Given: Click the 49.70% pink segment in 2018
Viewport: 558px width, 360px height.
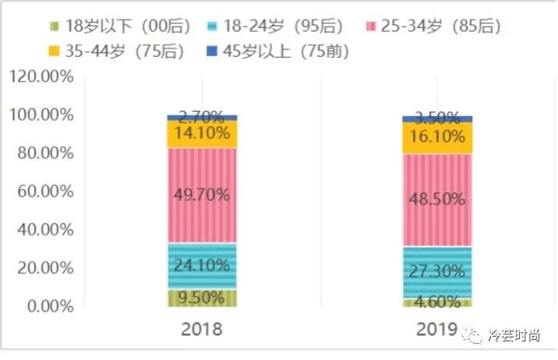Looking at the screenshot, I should [x=202, y=195].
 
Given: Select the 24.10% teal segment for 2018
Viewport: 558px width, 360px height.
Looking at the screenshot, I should [x=202, y=266].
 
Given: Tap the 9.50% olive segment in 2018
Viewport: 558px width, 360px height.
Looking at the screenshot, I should [x=202, y=297].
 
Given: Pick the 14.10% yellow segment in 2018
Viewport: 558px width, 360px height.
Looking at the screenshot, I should [x=202, y=134].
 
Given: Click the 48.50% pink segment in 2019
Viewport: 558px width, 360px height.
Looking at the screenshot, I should [x=437, y=199].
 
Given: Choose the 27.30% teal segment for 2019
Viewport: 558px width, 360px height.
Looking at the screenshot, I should [x=437, y=272].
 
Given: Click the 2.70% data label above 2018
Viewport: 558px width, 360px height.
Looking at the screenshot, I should [x=202, y=118].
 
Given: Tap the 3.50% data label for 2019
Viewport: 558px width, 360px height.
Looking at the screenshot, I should [x=437, y=119].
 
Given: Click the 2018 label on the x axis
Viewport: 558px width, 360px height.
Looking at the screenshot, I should [x=202, y=329].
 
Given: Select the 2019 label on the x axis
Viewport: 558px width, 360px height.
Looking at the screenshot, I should [x=437, y=329].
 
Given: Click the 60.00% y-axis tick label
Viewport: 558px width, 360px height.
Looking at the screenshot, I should [x=44, y=191].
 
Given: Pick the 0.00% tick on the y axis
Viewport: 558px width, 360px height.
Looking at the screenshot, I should [x=48, y=306].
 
